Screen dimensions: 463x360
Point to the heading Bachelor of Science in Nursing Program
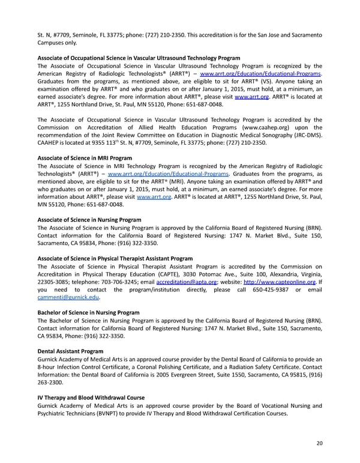(x=88, y=312)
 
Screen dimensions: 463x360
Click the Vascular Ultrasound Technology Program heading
(x=139, y=58)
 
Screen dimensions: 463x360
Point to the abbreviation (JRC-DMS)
(x=306, y=135)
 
